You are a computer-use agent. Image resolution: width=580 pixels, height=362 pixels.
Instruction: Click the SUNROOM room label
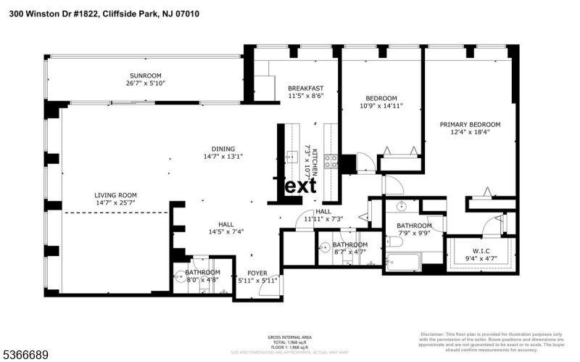(x=145, y=75)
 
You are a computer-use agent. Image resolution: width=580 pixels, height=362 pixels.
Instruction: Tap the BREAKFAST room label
(x=305, y=88)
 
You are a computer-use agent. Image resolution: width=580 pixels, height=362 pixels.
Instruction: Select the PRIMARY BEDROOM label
(x=470, y=124)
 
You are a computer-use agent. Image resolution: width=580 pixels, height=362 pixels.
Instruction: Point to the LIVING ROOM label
(x=115, y=194)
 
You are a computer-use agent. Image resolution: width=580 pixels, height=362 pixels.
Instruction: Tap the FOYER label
(x=257, y=273)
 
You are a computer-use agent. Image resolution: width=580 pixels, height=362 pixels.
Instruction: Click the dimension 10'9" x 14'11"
(x=381, y=106)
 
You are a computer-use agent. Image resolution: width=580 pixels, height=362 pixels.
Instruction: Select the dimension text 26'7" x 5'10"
(x=145, y=83)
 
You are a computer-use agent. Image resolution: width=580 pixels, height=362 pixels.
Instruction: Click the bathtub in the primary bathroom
(x=404, y=260)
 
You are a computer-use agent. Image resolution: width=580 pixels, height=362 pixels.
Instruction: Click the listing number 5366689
(x=26, y=355)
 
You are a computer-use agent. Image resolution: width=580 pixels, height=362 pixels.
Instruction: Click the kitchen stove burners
(x=331, y=161)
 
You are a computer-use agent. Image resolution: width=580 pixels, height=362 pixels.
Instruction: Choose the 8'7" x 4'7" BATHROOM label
(x=349, y=245)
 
